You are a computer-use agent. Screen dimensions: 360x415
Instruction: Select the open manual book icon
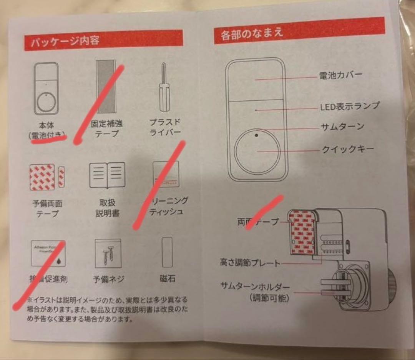[x=107, y=175]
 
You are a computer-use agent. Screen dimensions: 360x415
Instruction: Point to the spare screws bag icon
[x=108, y=253]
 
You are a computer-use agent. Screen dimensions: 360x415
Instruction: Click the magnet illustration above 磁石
[x=167, y=252]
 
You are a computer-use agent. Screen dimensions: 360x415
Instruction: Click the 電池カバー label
[x=340, y=75]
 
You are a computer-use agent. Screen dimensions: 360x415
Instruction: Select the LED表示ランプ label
[x=350, y=106]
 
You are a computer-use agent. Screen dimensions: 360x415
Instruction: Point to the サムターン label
[x=343, y=126]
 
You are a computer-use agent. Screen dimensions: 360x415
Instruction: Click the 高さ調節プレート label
[x=250, y=263]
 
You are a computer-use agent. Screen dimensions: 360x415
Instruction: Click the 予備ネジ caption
[x=109, y=279]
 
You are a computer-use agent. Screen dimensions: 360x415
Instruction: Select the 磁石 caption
[x=167, y=278]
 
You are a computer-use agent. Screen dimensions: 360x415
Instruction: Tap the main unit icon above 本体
[x=46, y=88]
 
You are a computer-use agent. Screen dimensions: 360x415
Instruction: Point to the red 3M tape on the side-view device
[x=302, y=233]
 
